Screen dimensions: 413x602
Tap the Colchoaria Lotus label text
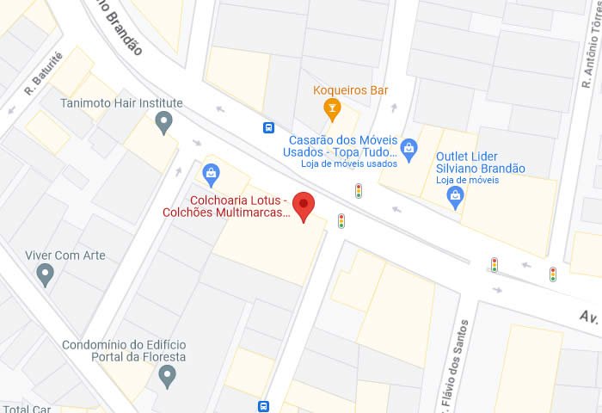click(225, 206)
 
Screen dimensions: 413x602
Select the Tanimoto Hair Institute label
click(121, 103)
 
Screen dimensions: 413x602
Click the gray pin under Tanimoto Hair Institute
click(164, 125)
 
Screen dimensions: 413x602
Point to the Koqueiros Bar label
click(350, 89)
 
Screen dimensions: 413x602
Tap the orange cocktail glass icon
click(330, 109)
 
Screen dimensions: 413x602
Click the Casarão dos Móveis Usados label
click(341, 145)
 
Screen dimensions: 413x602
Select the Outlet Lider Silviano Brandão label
click(480, 162)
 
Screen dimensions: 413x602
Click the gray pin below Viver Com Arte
click(46, 275)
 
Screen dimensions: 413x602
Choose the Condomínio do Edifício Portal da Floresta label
click(124, 351)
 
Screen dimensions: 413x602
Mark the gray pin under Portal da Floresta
click(169, 375)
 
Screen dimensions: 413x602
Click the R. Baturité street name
click(44, 75)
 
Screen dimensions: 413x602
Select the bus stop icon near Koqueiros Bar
click(269, 127)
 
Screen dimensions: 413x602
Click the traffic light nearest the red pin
click(341, 221)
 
